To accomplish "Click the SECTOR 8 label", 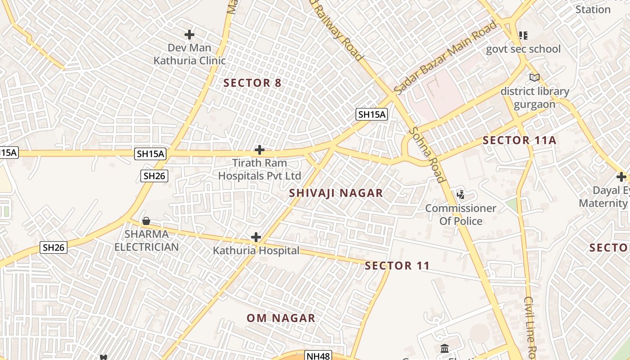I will (252, 83).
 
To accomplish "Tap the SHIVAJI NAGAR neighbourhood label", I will (336, 193).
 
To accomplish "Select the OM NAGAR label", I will (281, 318).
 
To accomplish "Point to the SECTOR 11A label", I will (519, 140).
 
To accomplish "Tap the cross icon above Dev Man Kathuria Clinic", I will (189, 34).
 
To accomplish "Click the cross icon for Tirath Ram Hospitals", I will (259, 149).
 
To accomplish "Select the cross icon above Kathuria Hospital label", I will (256, 237).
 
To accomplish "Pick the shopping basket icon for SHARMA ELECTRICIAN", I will (146, 221).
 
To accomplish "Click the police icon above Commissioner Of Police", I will (460, 195).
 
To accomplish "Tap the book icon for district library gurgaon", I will (534, 78).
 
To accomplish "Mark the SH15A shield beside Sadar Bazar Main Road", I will (371, 114).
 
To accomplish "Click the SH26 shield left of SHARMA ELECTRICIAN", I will (54, 247).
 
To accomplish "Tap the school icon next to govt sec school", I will (523, 35).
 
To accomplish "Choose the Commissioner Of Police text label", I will (460, 215).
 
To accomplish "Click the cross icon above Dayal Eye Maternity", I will (621, 177).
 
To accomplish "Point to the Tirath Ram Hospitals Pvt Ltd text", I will (260, 169).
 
